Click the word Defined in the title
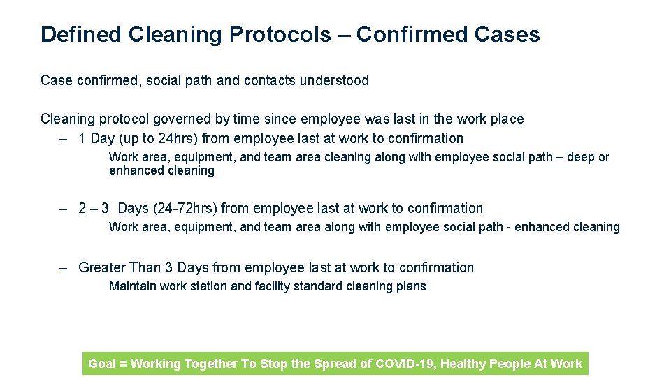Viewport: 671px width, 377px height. point(81,34)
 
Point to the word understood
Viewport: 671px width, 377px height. point(334,80)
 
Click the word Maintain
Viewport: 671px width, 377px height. point(133,286)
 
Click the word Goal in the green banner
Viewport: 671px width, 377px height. point(102,363)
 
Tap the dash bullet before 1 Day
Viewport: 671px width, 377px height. point(64,138)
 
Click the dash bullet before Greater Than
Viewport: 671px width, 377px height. point(64,267)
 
